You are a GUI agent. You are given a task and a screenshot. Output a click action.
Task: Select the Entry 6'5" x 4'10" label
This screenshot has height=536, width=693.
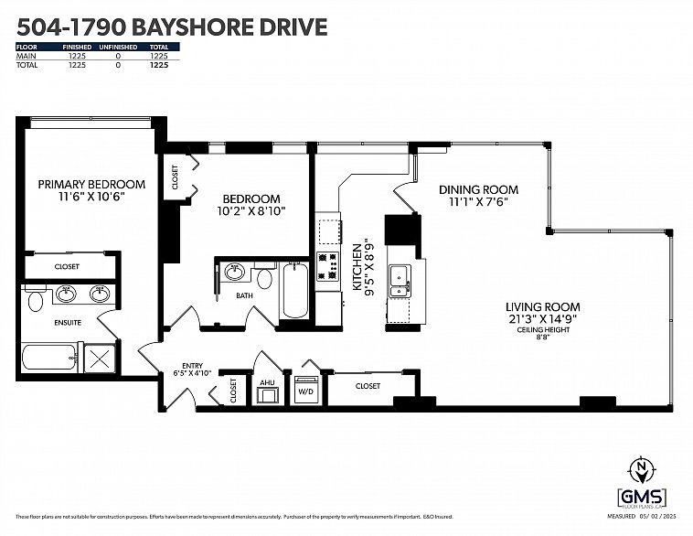[x=193, y=369]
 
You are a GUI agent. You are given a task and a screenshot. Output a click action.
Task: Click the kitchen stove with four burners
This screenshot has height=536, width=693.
[x=327, y=265]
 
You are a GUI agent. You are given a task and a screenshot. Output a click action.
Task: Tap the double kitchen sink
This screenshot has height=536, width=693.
[x=401, y=280]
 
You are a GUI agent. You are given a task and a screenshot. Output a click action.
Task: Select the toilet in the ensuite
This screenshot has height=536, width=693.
[x=35, y=298]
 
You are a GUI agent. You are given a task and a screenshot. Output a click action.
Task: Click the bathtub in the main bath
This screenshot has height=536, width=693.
[x=294, y=290]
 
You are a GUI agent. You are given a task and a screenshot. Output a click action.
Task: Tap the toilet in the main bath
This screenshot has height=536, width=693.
[x=264, y=278]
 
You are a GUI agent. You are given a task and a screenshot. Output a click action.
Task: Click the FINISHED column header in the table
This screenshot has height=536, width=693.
[x=78, y=47]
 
